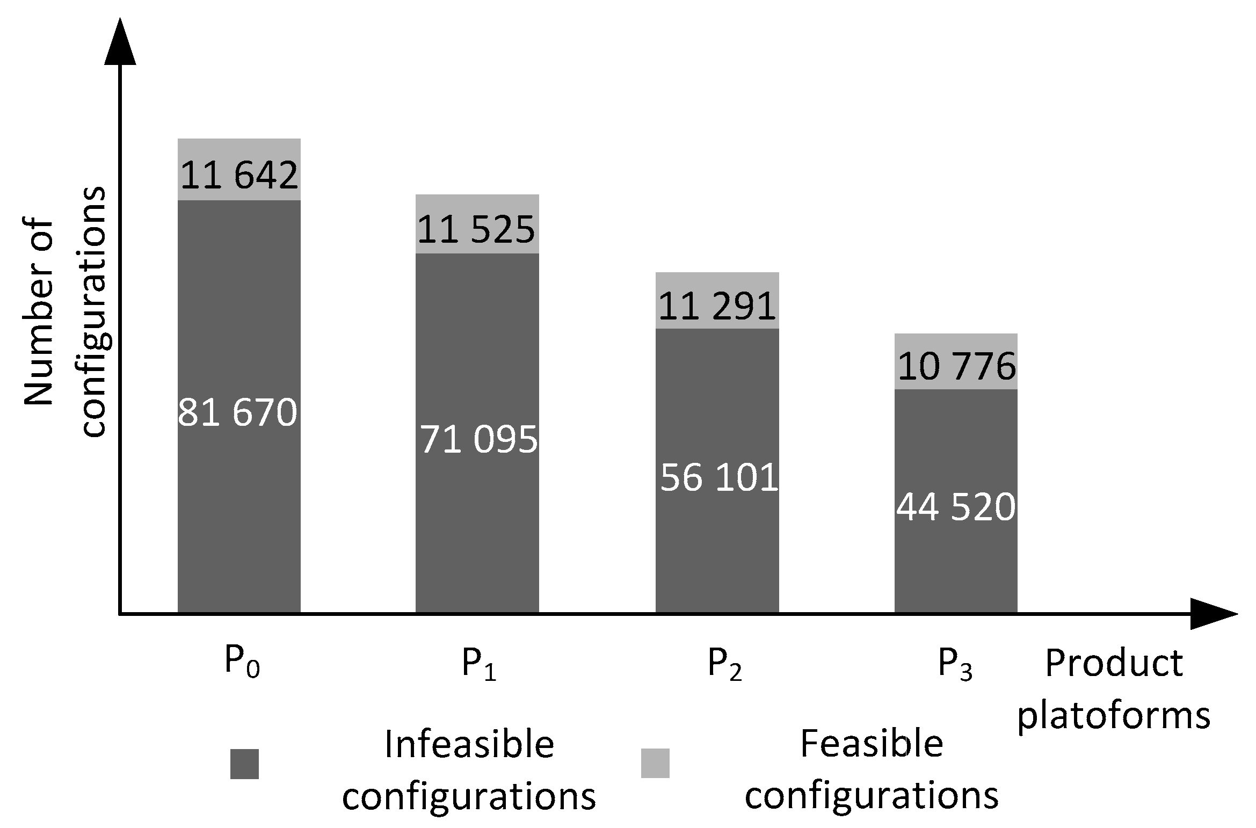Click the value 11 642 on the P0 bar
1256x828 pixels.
click(239, 175)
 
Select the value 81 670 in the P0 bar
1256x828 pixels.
click(237, 413)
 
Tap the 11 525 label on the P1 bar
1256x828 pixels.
click(476, 230)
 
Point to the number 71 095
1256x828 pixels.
click(478, 440)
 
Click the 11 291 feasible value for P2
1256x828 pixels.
click(717, 307)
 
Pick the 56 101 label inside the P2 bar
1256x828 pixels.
click(718, 477)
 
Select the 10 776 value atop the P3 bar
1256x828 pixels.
click(956, 367)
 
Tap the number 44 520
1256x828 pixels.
click(956, 507)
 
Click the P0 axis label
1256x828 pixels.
click(242, 664)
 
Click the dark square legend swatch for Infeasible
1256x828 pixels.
click(244, 764)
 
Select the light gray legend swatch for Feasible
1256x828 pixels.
click(655, 763)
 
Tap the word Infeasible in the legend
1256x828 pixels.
click(469, 745)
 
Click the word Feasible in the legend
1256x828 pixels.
click(871, 745)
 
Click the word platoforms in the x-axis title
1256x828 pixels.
click(1114, 716)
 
